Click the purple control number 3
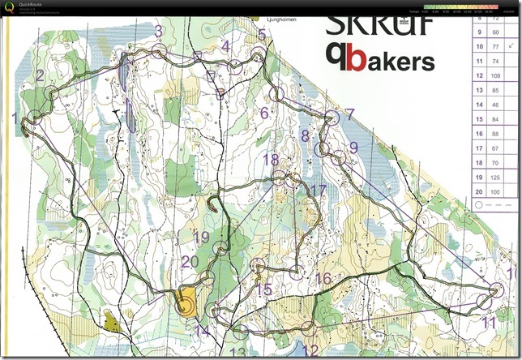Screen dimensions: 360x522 [159, 32]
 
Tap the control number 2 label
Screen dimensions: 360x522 [40, 75]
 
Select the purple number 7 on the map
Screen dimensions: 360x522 [349, 114]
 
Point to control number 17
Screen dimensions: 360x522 [317, 190]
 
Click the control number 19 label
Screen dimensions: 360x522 [202, 237]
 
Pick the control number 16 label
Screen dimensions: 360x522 [323, 278]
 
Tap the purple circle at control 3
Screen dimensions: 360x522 [159, 50]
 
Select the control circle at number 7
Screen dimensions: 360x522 [331, 115]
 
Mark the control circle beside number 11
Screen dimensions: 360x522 [484, 302]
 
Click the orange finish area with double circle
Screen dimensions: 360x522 [186, 302]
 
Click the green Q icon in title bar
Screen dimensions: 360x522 [8, 6]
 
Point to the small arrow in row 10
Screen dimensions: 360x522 [511, 46]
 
